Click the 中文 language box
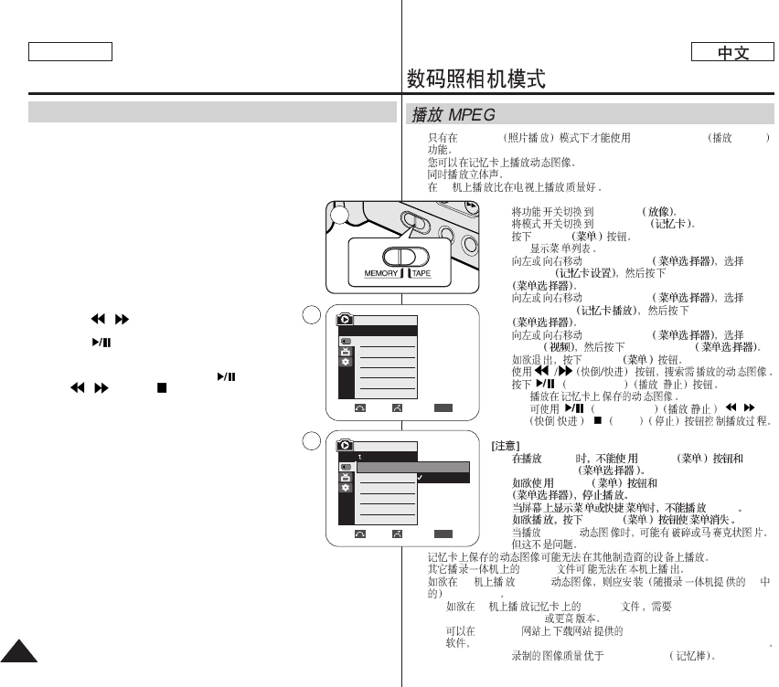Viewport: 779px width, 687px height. click(732, 53)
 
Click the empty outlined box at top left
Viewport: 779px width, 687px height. click(69, 51)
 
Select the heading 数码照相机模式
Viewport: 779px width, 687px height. click(476, 80)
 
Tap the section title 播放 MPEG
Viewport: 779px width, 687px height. click(453, 115)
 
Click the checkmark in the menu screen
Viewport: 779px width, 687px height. click(419, 478)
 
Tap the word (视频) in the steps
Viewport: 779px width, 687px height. click(560, 347)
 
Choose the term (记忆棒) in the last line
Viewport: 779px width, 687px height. click(690, 656)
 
